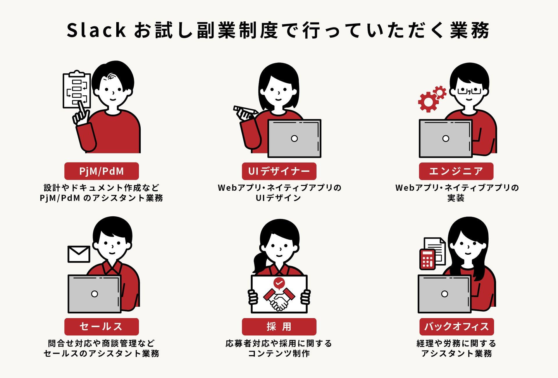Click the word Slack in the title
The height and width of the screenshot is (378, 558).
pos(96,30)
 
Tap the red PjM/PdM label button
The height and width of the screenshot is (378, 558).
pos(102,171)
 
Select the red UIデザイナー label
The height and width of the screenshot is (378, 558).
pos(279,171)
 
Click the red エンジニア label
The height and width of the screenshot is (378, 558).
pos(456,171)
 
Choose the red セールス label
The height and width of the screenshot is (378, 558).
pos(102,327)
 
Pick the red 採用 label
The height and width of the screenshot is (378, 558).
pos(279,327)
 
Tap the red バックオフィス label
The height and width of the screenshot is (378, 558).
pos(456,327)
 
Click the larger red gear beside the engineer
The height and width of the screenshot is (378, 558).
pos(428,102)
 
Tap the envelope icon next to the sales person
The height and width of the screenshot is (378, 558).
pos(79,254)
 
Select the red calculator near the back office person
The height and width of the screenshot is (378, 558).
pos(427,259)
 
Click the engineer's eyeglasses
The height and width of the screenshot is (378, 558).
pos(469,91)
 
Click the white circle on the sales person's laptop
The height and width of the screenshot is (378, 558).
pos(95,294)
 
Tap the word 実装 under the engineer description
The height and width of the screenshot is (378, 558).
pos(456,198)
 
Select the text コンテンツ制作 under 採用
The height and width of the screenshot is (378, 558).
pos(279,354)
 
